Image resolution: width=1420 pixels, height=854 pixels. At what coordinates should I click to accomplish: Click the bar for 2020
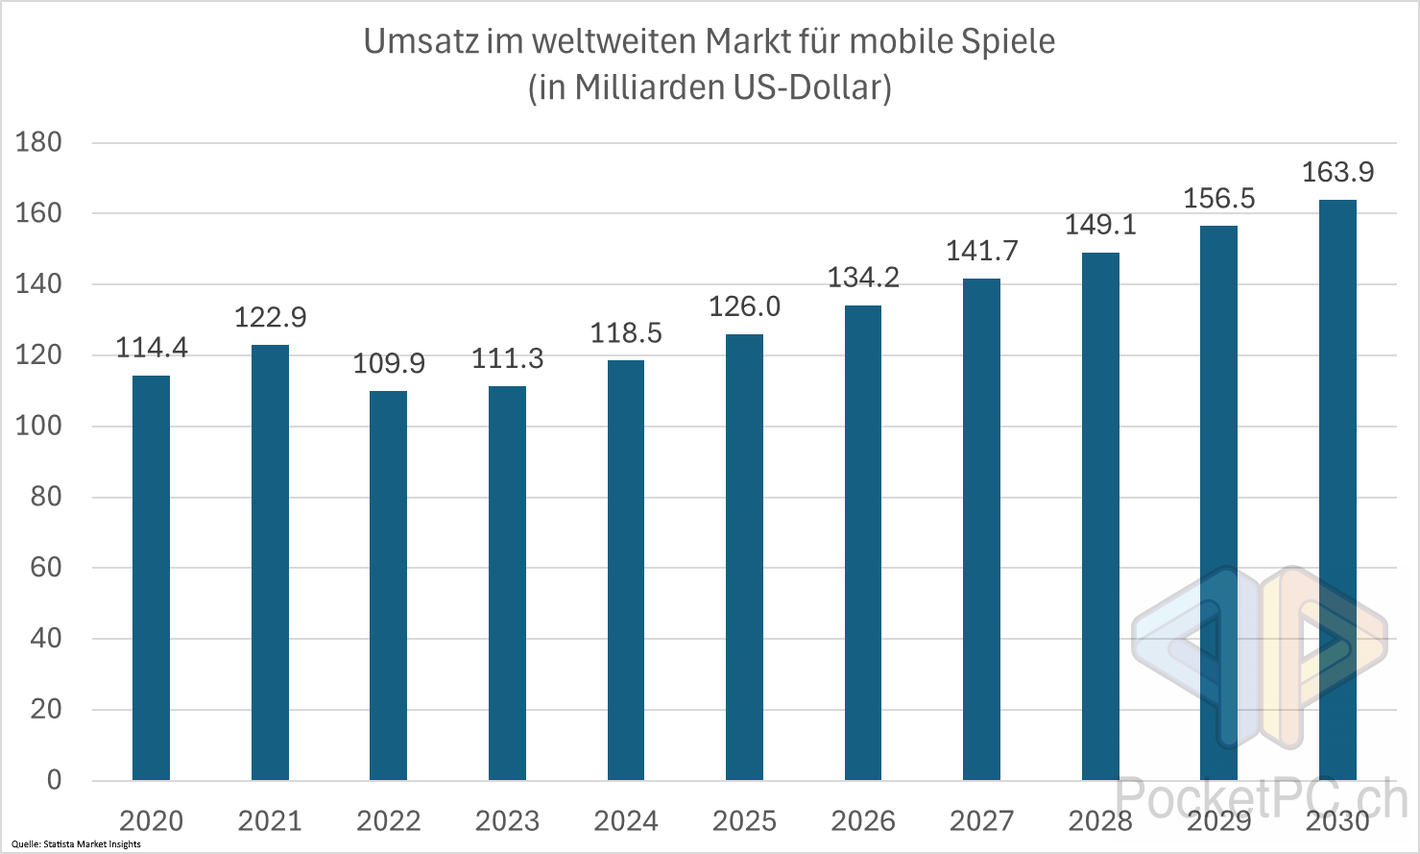click(151, 576)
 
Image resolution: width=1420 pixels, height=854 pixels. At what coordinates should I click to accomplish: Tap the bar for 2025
click(744, 557)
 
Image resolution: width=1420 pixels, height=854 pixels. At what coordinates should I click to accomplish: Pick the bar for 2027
click(981, 528)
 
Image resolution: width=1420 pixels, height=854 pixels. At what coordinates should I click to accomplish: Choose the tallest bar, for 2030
click(1337, 490)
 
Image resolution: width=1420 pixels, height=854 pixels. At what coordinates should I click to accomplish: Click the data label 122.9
click(270, 317)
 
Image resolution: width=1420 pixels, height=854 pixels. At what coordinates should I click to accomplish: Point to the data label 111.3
click(507, 359)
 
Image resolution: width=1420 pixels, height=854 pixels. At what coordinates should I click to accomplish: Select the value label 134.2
click(863, 278)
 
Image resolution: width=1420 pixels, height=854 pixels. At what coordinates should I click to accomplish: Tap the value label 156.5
click(1219, 199)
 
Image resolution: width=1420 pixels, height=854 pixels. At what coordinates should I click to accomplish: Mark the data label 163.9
click(1337, 173)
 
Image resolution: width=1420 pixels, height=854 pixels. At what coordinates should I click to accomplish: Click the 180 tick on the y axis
click(38, 142)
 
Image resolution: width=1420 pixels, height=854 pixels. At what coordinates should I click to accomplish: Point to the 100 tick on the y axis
click(38, 426)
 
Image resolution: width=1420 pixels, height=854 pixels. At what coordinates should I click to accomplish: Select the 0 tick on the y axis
click(54, 780)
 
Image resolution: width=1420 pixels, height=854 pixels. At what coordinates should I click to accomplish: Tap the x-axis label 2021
click(270, 821)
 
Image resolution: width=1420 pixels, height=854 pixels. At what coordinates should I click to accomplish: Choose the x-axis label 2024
click(626, 821)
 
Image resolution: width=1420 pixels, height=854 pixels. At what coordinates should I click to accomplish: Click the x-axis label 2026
click(863, 821)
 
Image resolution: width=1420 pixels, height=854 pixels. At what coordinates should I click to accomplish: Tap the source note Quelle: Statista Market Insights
click(76, 844)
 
